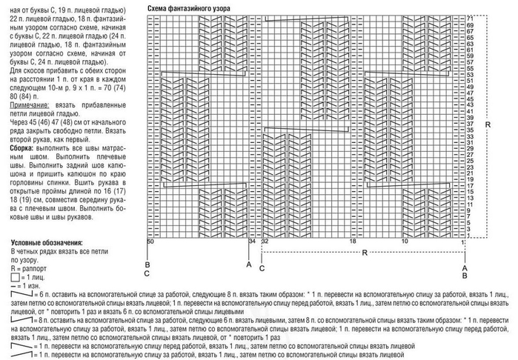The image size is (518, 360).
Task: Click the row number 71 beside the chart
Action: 470,17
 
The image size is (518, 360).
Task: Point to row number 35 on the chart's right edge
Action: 470,130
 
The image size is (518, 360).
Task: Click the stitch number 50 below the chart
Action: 150,241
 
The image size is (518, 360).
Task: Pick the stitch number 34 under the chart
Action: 252,241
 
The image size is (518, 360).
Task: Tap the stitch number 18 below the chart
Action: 353,241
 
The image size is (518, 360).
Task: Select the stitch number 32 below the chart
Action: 265,241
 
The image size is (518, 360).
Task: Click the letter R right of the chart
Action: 488,125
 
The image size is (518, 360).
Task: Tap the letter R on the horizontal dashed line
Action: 365,253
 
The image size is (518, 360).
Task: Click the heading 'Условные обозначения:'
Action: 46,243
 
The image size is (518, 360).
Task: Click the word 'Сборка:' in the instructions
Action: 21,148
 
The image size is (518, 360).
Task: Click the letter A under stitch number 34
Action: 249,264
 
